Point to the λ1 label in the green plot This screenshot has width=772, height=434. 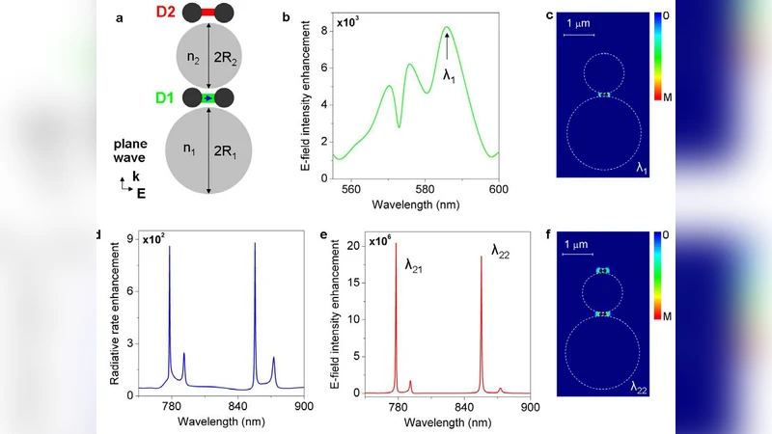(x=449, y=75)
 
